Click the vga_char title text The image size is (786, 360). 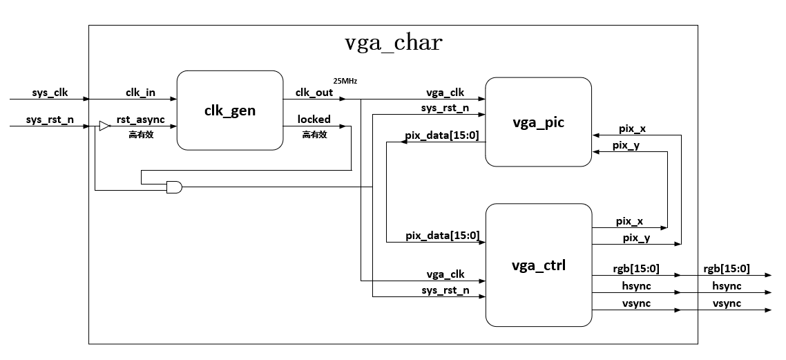(x=393, y=43)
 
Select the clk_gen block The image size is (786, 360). (x=230, y=111)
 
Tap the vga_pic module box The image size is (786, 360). (x=538, y=122)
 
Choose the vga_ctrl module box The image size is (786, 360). (x=538, y=265)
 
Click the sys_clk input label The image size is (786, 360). (x=50, y=92)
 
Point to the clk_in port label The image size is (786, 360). (x=140, y=92)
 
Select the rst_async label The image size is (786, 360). (x=140, y=120)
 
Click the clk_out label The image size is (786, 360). (x=314, y=92)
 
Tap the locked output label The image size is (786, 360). (x=314, y=120)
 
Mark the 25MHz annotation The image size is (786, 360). (x=345, y=81)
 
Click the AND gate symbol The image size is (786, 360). (x=174, y=187)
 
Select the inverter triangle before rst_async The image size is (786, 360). (x=104, y=126)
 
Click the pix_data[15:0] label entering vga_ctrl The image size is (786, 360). (x=442, y=236)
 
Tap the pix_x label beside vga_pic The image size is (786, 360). (x=632, y=129)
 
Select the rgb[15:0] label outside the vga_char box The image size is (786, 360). (x=727, y=269)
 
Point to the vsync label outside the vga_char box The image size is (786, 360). (x=727, y=303)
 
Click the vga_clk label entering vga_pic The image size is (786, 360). (x=445, y=92)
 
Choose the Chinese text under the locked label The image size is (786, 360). (x=314, y=135)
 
